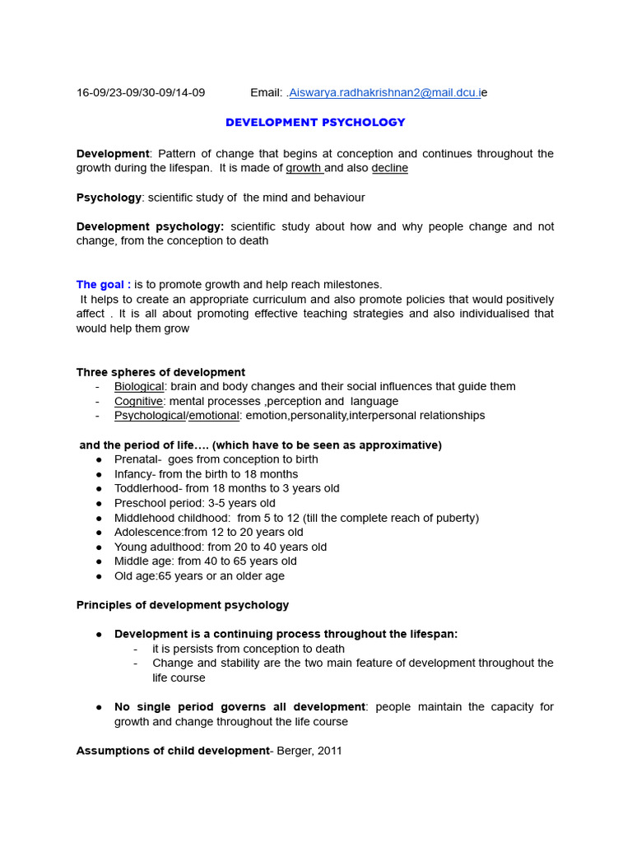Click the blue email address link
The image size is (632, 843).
[385, 93]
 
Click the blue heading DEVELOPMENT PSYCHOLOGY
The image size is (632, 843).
[315, 123]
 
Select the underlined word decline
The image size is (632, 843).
[389, 169]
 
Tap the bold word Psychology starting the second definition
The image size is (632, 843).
[109, 198]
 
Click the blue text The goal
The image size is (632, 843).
[103, 285]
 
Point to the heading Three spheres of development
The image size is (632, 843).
[160, 372]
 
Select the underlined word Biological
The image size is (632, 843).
[139, 387]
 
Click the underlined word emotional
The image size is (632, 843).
[214, 416]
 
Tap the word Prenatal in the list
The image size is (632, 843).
[137, 459]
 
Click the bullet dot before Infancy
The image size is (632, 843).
[99, 474]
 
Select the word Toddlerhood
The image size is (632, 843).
[146, 488]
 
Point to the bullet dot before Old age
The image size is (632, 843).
[99, 576]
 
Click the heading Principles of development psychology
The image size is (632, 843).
[183, 605]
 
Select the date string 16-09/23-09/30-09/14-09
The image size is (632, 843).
[141, 93]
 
